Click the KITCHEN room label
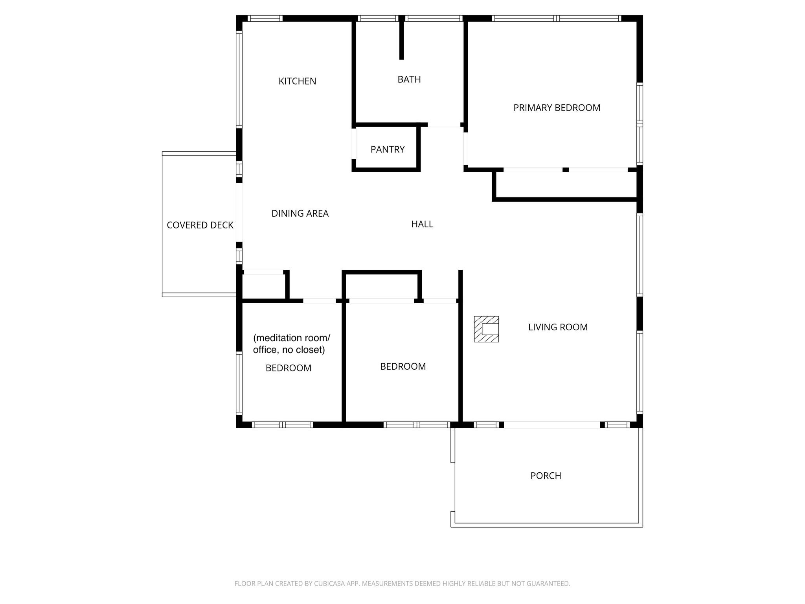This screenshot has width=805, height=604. point(297,81)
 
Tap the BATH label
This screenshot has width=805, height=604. point(409,79)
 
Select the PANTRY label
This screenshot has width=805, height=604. point(388,149)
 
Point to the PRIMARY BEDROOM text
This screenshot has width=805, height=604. point(557,108)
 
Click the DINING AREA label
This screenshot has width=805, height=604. point(300,214)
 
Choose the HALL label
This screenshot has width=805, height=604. point(422,224)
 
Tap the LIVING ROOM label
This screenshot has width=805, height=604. point(558,327)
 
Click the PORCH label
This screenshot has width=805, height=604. point(546,476)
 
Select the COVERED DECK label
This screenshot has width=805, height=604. point(200,225)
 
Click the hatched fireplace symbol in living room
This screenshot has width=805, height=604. point(486,329)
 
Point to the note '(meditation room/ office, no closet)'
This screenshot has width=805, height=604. point(291,344)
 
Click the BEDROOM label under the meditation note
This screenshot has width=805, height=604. point(289,368)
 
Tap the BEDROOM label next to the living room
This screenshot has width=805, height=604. point(403,366)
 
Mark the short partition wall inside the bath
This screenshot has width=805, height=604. point(401,38)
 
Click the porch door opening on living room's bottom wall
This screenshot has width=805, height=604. point(552,425)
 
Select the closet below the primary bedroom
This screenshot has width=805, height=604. point(566,185)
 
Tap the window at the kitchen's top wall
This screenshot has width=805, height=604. point(265,18)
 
